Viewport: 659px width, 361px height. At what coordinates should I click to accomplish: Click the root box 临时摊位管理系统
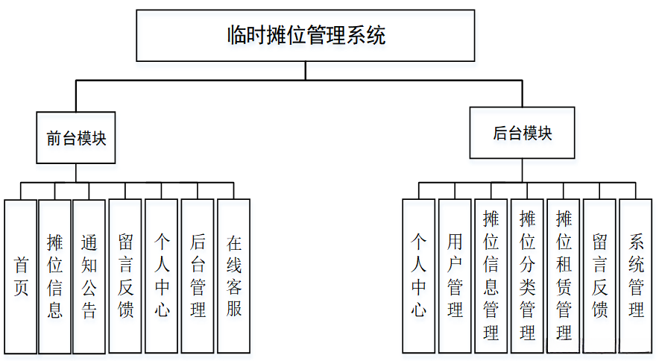[x=306, y=36]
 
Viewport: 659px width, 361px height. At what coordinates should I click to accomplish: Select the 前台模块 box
[x=76, y=138]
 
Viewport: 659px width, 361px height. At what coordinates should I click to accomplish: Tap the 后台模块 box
[x=522, y=133]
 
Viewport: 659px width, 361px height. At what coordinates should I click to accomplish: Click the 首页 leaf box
[x=21, y=276]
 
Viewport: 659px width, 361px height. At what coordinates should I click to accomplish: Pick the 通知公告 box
[x=89, y=276]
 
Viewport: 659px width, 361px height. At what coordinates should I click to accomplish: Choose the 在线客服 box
[x=234, y=276]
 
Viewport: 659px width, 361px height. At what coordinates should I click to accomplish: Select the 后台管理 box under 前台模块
[x=198, y=276]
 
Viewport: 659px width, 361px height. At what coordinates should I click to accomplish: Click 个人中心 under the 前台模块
[x=162, y=276]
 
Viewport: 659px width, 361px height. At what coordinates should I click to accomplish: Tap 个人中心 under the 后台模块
[x=419, y=276]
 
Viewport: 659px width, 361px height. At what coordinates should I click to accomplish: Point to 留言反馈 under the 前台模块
[x=125, y=276]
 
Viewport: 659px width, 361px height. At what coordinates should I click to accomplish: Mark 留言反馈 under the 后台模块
[x=600, y=276]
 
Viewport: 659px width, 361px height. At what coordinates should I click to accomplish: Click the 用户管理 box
[x=455, y=276]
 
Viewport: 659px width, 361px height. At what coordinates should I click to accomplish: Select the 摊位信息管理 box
[x=491, y=276]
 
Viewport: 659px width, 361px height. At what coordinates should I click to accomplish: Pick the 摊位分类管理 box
[x=527, y=276]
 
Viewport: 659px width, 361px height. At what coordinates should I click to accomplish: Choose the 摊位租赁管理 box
[x=564, y=276]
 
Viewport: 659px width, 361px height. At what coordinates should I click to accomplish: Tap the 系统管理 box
[x=636, y=276]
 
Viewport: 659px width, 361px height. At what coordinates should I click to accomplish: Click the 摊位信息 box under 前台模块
[x=54, y=276]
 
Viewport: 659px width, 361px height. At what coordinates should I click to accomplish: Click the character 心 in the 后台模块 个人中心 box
[x=419, y=310]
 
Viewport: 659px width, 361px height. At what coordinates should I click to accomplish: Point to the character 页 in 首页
[x=21, y=288]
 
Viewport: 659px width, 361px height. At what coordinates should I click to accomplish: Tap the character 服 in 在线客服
[x=234, y=308]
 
